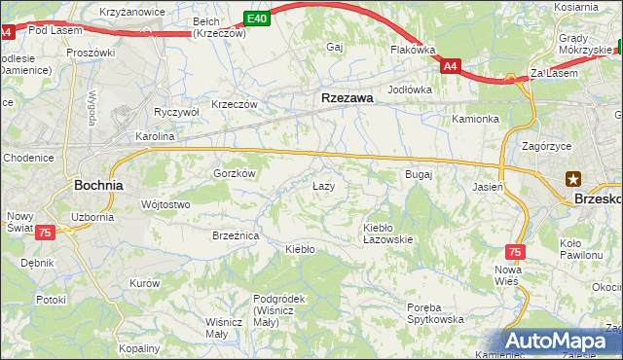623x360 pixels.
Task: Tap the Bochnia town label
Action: (98, 184)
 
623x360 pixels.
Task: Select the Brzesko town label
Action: (598, 197)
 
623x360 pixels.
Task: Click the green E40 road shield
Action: (256, 18)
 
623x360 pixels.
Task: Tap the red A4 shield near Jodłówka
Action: (449, 66)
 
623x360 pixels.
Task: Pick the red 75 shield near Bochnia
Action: (45, 233)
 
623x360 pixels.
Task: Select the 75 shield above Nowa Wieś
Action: (515, 251)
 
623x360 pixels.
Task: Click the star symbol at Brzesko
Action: (573, 178)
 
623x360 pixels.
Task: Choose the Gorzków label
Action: (234, 173)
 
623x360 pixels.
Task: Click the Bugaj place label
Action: (418, 174)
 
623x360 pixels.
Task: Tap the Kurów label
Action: (144, 282)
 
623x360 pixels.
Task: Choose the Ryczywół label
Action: (176, 112)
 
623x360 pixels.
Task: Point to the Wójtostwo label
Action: (165, 204)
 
